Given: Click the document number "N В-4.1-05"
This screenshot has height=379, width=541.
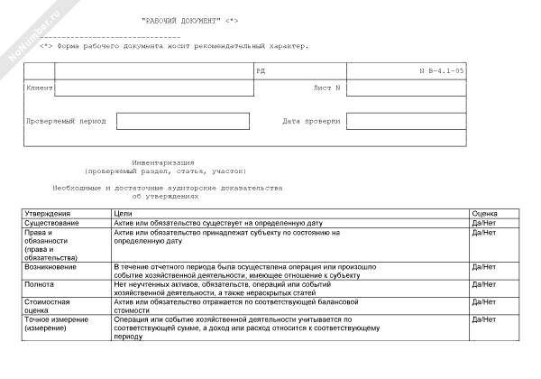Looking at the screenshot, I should point(442,70).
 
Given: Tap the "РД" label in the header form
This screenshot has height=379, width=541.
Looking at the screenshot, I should point(261,70).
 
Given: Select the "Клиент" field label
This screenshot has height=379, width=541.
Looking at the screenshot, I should point(41,88).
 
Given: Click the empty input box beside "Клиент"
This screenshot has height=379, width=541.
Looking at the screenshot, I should point(154,88).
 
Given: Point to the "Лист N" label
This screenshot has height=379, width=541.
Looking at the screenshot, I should point(326,88).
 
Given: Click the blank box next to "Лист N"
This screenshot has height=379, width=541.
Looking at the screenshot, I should point(406,88).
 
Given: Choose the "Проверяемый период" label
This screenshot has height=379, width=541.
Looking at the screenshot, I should point(67,120).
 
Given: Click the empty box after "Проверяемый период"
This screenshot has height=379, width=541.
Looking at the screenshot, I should point(170,121).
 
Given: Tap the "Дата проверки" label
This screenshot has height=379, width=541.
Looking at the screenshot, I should point(311,120).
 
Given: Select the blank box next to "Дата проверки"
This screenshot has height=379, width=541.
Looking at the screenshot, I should point(406,121).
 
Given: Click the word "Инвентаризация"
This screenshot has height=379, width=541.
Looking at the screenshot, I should point(163,162).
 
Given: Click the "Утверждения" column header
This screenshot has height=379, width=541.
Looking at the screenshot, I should point(43,214).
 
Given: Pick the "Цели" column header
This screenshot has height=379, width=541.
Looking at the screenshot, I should point(123,214).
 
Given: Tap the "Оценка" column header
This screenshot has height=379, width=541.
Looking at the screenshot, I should point(485,214).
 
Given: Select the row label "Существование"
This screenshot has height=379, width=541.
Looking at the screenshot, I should point(51,223).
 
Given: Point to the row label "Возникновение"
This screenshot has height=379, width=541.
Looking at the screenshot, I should point(53,267).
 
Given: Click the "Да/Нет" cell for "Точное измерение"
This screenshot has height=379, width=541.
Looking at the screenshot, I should point(484,319).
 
